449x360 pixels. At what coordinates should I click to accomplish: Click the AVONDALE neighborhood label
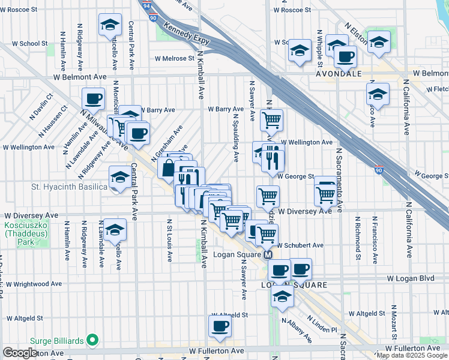339,74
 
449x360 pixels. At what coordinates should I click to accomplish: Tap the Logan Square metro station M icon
270,255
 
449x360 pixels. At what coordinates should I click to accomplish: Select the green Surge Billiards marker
92,341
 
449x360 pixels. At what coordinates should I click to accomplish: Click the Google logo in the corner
20,353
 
